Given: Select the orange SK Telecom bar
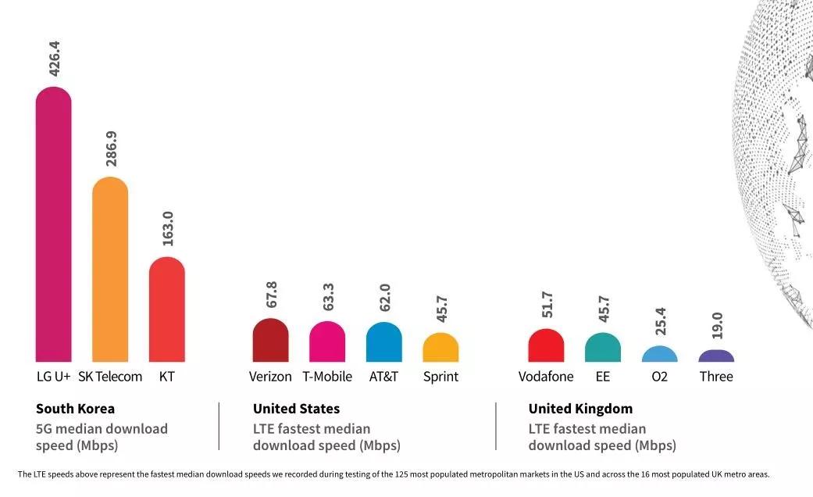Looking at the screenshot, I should point(110,270).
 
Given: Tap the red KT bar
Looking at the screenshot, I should point(167,309).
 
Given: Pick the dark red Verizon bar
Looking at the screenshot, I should point(270,341).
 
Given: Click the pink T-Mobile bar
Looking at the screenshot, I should point(327,342).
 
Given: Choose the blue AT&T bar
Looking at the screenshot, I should point(384,342).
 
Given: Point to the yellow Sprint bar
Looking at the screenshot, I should point(440,348).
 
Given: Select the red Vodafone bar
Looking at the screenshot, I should point(546,345).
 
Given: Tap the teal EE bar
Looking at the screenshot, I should point(603,348).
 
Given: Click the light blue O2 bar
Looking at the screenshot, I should point(660,354).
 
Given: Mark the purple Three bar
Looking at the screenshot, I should point(716,356).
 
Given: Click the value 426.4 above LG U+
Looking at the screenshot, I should point(54,54).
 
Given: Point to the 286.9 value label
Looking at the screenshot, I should point(111,148).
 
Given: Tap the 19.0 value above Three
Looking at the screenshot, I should point(717,325).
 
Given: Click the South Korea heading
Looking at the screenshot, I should point(75,409).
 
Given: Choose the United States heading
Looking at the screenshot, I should point(296,409).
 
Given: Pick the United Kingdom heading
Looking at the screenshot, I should point(580,409).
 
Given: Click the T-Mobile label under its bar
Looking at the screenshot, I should point(327,377).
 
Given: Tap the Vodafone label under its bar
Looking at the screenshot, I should point(546,377).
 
